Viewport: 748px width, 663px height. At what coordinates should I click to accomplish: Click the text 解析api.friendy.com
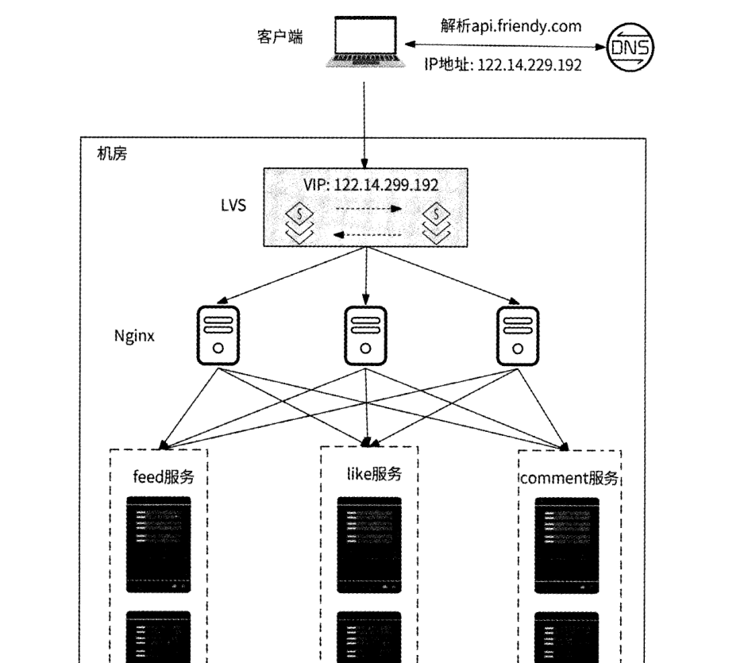511,25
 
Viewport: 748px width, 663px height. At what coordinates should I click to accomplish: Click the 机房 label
111,153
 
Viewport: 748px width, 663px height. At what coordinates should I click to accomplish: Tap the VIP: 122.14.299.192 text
371,185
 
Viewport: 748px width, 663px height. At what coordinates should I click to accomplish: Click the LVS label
233,206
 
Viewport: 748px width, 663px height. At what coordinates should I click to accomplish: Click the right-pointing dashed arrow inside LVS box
367,210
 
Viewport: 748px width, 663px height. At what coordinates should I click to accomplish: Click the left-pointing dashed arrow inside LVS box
366,233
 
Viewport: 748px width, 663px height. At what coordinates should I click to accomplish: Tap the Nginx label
133,335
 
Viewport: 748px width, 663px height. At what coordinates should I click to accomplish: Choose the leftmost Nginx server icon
218,334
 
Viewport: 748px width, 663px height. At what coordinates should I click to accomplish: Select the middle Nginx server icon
365,334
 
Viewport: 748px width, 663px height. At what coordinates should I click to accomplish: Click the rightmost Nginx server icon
517,334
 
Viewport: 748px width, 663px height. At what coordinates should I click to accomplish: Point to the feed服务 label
164,477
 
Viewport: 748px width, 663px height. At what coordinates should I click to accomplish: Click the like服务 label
374,475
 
